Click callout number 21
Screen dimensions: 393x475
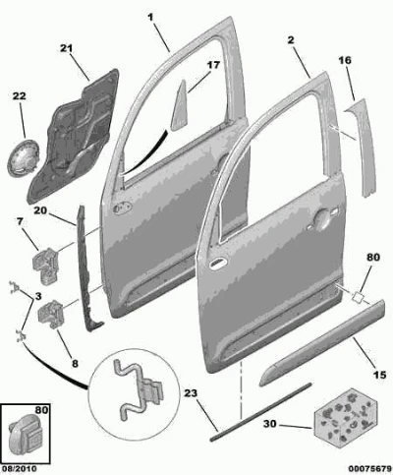coord(66,48)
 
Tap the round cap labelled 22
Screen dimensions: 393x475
coord(23,158)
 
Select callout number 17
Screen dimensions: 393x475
coord(213,65)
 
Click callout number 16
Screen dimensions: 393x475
coord(345,60)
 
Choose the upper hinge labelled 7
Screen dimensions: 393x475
coord(45,267)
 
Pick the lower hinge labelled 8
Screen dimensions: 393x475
coord(51,314)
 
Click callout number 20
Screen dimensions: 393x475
coord(40,210)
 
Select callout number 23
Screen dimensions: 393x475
coord(191,392)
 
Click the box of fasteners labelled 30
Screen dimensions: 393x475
coord(346,418)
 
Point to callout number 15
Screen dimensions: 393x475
coord(380,375)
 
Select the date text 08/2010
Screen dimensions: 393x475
coord(20,469)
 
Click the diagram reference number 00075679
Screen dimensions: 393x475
coord(369,469)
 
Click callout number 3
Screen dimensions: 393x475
coord(38,297)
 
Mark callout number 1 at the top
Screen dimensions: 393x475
coord(150,18)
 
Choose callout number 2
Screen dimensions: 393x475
coord(291,40)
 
